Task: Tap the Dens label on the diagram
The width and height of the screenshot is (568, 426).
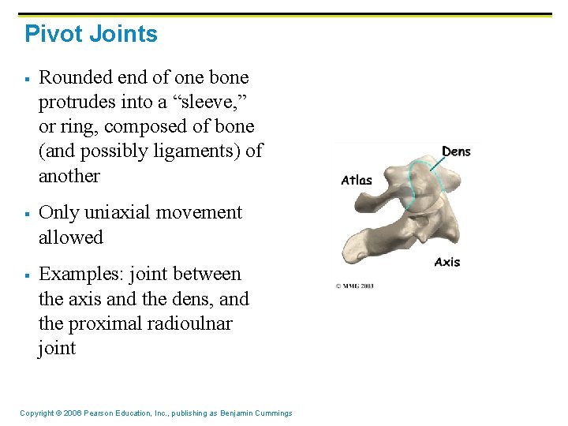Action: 456,151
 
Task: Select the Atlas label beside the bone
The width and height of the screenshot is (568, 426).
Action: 357,180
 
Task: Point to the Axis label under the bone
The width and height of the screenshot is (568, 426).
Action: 447,262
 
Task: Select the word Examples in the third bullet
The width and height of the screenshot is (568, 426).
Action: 77,274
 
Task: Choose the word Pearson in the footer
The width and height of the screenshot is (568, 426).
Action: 99,413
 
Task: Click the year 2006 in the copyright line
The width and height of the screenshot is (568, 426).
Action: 69,413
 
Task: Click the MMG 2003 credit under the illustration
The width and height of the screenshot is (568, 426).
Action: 355,285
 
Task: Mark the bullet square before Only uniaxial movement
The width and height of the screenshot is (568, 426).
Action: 26,213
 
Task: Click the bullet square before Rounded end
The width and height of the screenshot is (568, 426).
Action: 26,78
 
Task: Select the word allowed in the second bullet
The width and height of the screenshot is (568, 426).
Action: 71,237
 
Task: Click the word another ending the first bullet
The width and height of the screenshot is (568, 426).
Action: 69,175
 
